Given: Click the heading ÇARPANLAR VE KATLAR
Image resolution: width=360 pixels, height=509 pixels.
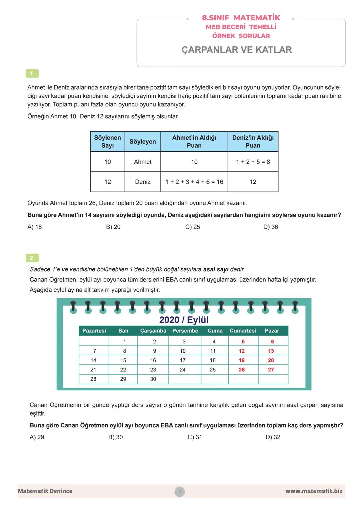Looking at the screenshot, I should click(237, 50).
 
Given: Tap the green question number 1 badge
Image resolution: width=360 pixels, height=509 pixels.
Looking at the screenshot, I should click(32, 73).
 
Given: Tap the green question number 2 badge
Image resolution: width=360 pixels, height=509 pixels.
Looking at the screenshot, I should click(32, 258).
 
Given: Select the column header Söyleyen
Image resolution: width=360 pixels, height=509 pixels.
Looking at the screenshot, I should click(143, 142).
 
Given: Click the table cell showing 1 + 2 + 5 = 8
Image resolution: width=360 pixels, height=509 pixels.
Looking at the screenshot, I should click(253, 162).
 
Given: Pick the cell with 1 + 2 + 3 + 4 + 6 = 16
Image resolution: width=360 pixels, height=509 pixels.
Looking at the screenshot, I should click(194, 182).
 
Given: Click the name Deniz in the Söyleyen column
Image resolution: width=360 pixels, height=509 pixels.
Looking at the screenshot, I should click(143, 182).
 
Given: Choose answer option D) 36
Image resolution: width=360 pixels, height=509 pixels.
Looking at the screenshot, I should click(270, 227).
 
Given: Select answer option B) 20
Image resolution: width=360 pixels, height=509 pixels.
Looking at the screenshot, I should click(113, 227).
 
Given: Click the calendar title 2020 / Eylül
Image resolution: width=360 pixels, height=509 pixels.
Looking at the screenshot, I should click(184, 320).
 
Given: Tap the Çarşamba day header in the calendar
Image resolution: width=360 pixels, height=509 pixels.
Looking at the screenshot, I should click(153, 331).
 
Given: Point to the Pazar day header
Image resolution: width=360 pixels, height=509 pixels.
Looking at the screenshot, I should click(272, 331).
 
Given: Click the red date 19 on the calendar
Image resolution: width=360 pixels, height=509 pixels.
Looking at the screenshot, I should click(242, 360).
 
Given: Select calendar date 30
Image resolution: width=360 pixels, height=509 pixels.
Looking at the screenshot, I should click(153, 379).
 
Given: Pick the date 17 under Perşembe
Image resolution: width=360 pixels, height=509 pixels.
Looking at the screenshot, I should click(183, 360).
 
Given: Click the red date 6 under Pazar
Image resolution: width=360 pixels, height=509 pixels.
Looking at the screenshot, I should click(272, 342).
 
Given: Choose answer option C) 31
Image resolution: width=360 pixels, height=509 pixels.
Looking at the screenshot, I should click(195, 437).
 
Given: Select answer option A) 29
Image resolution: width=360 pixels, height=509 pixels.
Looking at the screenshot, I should click(37, 437).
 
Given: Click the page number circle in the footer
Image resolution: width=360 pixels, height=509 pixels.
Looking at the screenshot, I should click(179, 491).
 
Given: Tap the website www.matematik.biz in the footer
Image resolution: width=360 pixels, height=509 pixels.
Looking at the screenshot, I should click(314, 491).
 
